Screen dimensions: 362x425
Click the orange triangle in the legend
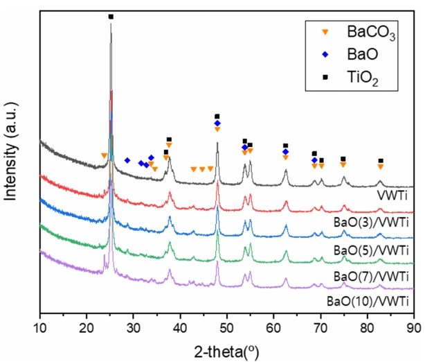click(323, 32)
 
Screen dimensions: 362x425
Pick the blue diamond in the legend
click(323, 55)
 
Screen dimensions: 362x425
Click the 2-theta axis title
click(227, 346)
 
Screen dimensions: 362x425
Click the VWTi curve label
click(392, 196)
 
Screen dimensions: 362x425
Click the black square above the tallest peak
click(111, 16)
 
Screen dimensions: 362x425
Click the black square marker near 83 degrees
click(380, 161)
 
